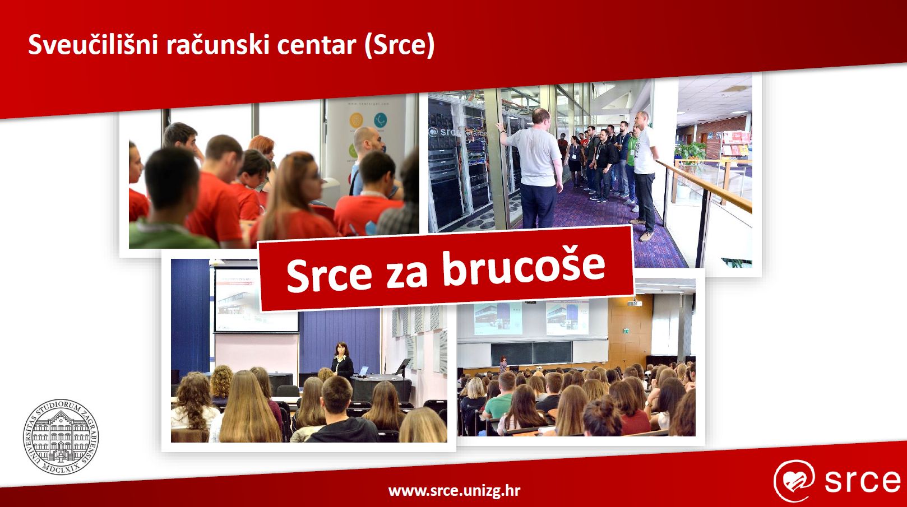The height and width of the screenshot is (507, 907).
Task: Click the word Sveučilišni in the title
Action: [92, 44]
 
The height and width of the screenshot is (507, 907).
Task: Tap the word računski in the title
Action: [218, 44]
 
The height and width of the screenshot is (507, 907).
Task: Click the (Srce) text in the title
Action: [399, 45]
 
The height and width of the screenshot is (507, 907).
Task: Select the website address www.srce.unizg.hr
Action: [454, 491]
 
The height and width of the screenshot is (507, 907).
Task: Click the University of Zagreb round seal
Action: [61, 436]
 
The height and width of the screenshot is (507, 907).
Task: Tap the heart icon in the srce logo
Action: [794, 481]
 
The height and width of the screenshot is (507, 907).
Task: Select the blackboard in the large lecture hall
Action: [531, 352]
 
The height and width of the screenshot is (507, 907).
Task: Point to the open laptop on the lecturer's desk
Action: [363, 371]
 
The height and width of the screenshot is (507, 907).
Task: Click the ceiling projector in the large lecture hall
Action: [635, 303]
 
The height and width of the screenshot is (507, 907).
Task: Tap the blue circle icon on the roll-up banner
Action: [380, 120]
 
